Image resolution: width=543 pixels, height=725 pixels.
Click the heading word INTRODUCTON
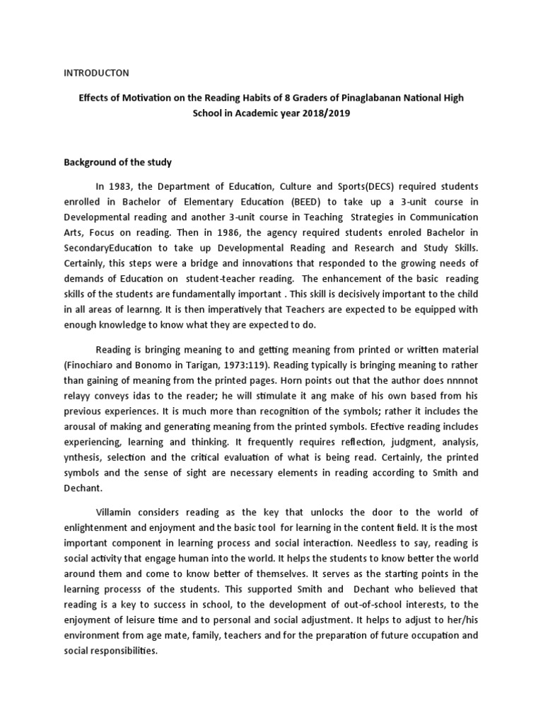[96, 72]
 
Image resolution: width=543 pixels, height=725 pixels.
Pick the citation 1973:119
[250, 365]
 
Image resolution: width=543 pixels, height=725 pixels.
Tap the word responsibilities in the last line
[121, 650]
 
